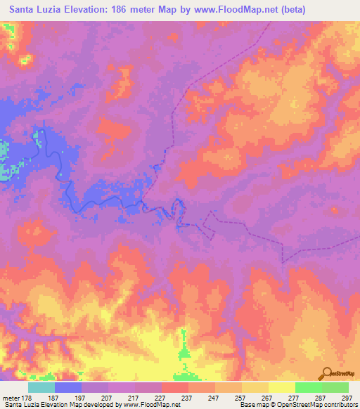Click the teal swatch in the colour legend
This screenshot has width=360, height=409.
(x=41, y=387)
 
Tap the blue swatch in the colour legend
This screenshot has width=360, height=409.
(x=68, y=387)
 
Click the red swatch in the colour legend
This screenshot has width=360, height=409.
(x=175, y=387)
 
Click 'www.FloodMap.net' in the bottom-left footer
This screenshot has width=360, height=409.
(x=149, y=405)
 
